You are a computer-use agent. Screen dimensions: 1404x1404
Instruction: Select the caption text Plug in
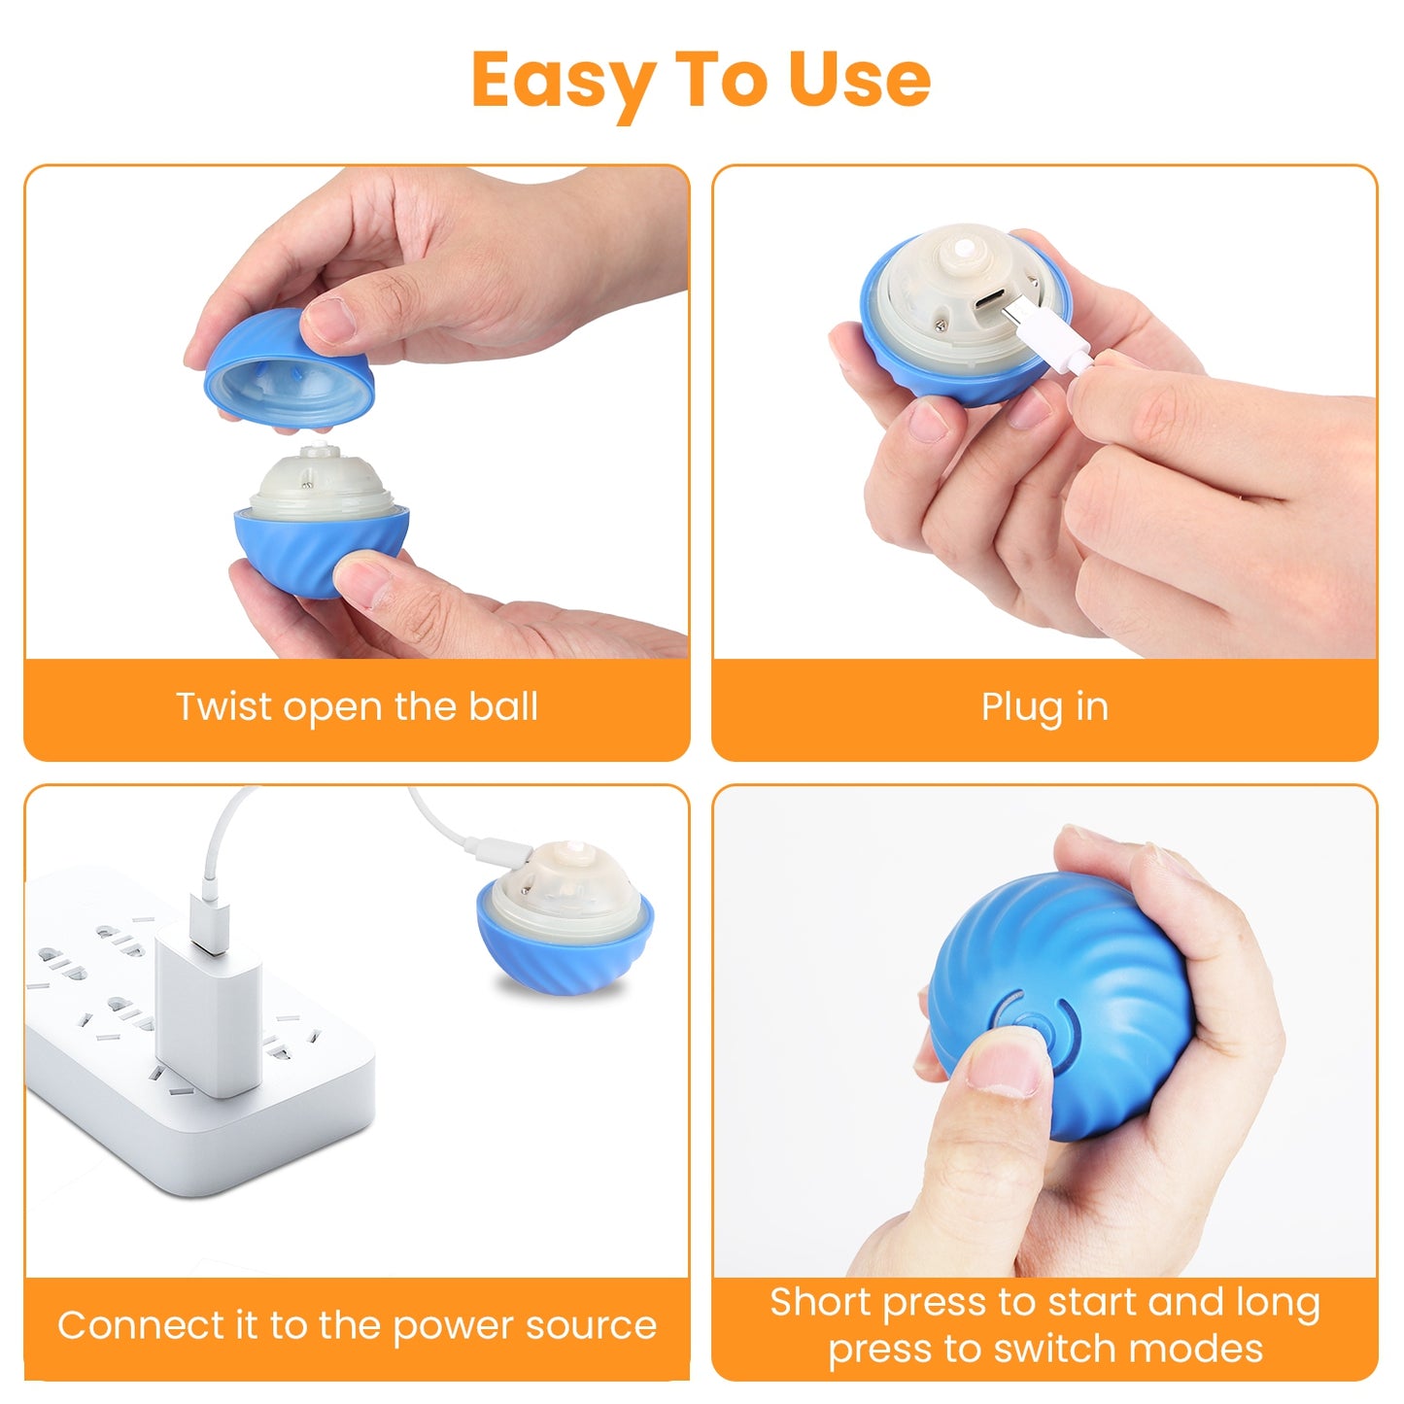pyautogui.click(x=1044, y=706)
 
